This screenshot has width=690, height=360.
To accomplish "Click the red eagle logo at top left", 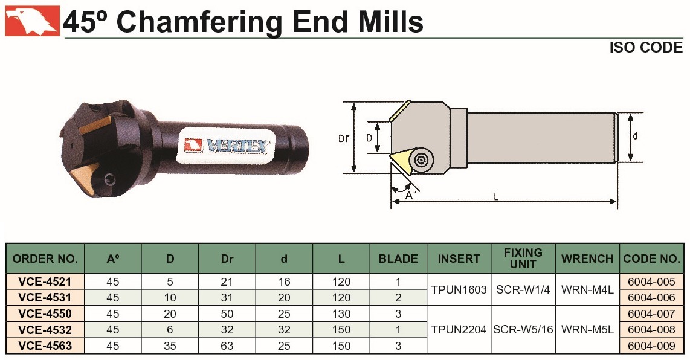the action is coord(32,21).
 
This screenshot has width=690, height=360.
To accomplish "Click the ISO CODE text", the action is coord(645,47).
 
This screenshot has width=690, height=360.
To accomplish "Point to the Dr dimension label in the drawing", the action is coord(344,138).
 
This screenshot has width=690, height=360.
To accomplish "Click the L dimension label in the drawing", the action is coord(497,197).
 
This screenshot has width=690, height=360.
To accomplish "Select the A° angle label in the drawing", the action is coord(410,195).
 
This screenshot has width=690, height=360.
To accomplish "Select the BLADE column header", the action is coord(398,259).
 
